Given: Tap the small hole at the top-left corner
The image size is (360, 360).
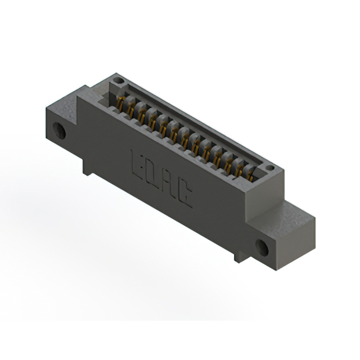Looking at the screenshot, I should [117, 82].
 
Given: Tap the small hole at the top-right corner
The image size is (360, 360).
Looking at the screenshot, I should [269, 168].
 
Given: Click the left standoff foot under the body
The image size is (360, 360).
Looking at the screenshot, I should [87, 167].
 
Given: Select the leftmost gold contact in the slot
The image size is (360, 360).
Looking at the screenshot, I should [120, 103].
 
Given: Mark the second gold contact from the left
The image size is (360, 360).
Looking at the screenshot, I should [132, 110].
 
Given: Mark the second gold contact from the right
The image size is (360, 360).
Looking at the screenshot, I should [240, 169].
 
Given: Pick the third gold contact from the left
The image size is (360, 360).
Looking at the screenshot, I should [142, 116].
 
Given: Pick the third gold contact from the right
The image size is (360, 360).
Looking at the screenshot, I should [228, 163].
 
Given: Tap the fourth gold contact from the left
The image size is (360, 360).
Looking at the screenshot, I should [153, 122].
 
